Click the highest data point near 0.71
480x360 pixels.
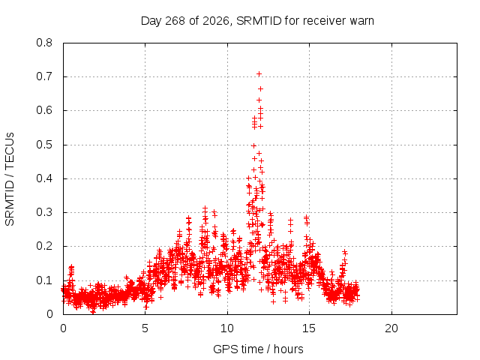[259, 73]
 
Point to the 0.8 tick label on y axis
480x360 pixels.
[44, 43]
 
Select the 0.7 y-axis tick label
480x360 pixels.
[44, 76]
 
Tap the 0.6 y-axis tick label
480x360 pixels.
[44, 110]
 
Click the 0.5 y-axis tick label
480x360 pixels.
[44, 145]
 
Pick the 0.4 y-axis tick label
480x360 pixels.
[44, 178]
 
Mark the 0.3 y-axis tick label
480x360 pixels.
[44, 212]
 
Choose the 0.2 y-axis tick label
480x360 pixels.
[44, 247]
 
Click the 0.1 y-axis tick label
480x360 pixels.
[44, 280]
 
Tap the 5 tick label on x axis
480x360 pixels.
[145, 328]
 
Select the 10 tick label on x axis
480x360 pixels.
[226, 328]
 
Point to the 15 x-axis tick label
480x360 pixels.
[309, 328]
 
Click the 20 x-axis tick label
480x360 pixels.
[391, 328]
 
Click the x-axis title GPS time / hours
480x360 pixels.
[258, 349]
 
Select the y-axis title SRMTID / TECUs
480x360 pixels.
[10, 179]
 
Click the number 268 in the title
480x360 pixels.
[175, 21]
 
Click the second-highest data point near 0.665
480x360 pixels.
[260, 88]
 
